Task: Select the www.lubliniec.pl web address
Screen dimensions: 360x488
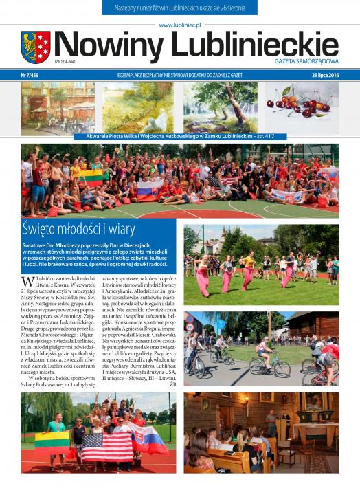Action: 179,24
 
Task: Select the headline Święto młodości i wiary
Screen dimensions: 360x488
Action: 78,230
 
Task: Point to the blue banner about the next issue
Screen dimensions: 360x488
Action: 179,8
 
